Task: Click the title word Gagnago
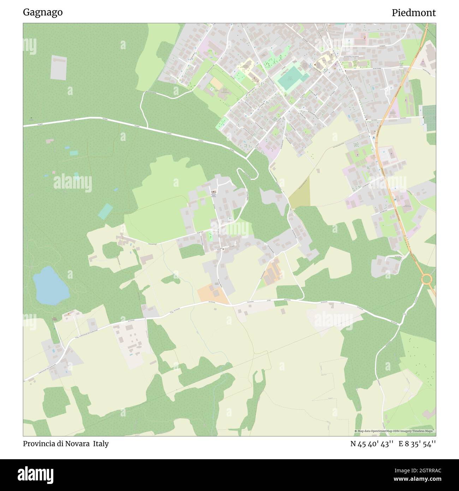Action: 43,12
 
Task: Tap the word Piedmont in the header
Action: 413,13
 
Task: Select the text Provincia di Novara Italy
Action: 66,444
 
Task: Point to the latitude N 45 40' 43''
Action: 372,444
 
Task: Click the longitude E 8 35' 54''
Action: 417,444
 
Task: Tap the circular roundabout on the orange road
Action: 427,279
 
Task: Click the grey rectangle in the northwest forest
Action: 58,67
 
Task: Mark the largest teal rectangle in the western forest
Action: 105,211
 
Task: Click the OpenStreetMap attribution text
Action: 395,431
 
